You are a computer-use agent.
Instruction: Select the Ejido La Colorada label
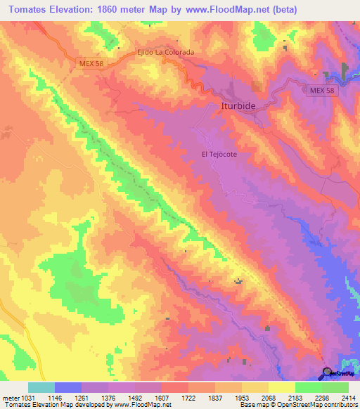[x=165, y=52]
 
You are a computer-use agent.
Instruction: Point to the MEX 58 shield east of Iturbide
[x=321, y=91]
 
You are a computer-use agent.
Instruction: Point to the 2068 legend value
[x=267, y=398]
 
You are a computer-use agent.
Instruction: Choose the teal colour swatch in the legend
[x=41, y=387]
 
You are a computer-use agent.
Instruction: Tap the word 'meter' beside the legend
[x=11, y=398]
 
